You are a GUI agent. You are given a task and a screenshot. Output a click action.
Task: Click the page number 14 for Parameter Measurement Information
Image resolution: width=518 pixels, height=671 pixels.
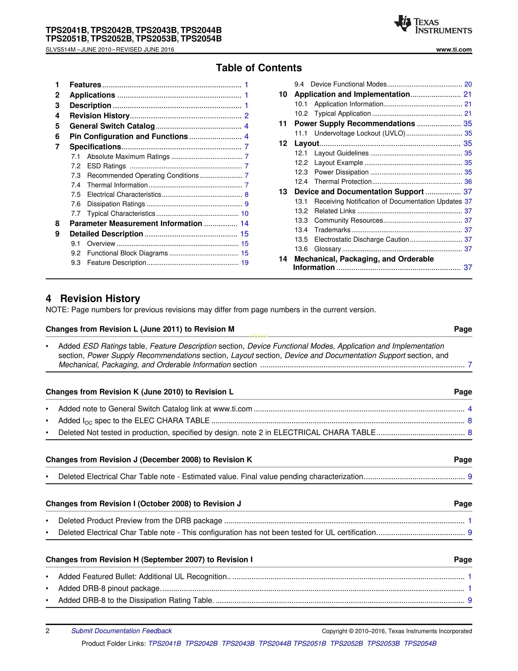[244, 224]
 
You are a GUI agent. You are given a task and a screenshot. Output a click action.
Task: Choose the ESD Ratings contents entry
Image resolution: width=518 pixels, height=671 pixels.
[106, 166]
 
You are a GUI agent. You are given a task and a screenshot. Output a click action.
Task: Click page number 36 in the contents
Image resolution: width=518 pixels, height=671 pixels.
[468, 182]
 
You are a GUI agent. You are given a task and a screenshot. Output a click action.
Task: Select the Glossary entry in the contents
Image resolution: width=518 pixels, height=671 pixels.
[327, 249]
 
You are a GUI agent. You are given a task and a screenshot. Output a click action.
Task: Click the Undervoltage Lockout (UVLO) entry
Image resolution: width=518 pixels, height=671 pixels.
[360, 134]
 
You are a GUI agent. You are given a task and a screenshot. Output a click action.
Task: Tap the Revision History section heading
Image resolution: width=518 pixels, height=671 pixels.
[100, 299]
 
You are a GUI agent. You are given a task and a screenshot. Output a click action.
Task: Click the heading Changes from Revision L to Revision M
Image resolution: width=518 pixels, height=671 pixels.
[140, 329]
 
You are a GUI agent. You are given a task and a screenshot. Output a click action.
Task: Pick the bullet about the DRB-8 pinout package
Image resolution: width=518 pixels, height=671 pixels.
[109, 588]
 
